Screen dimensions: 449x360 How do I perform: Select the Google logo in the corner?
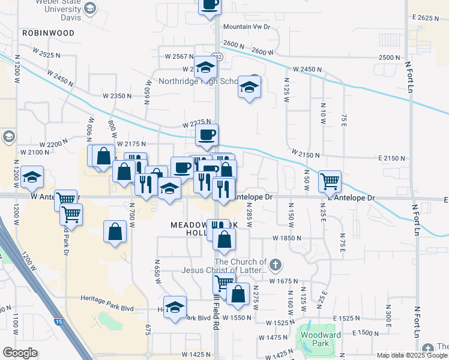tap(20, 353)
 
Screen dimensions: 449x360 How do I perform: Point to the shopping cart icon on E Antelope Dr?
tap(330, 181)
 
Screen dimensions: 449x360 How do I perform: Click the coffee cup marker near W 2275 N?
tap(206, 135)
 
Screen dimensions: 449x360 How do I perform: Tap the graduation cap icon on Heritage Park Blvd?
tap(175, 308)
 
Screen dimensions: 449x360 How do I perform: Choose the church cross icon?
tap(275, 264)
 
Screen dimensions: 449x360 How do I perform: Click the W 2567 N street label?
tap(179, 56)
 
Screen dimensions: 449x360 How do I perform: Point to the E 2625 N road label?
tap(427, 18)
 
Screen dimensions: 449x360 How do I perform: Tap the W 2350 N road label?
tap(116, 95)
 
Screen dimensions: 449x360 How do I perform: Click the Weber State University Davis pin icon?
tap(90, 8)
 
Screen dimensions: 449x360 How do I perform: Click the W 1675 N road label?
tap(285, 281)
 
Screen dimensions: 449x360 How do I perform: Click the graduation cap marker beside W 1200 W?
tap(32, 177)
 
